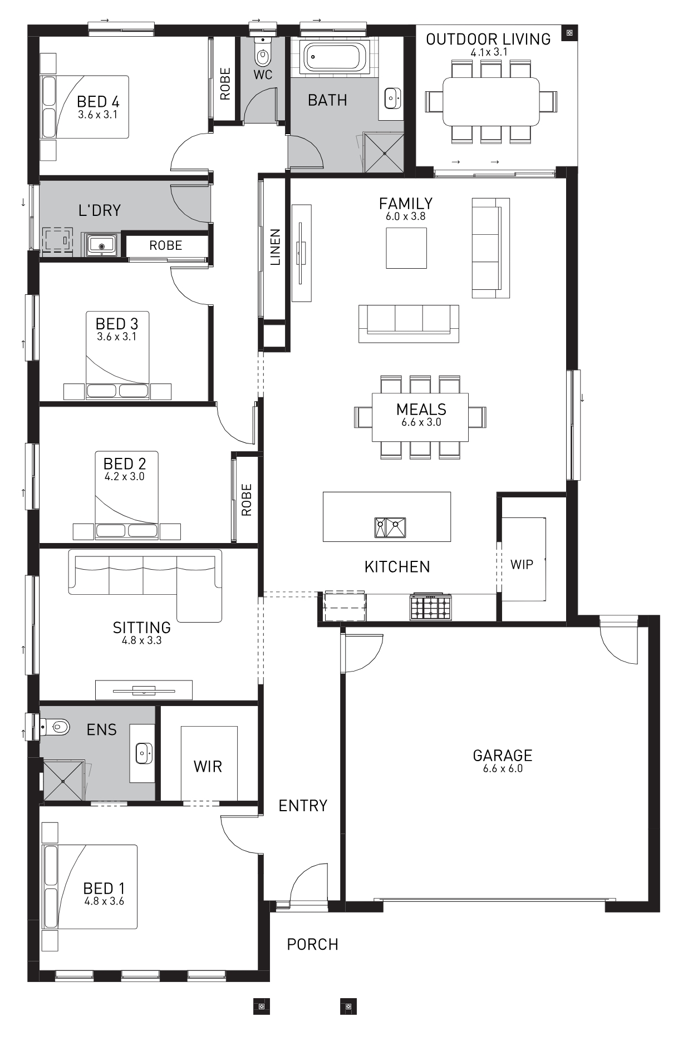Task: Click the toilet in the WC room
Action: coord(262,51)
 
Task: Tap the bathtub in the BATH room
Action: coord(333,56)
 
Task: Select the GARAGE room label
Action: coord(503,755)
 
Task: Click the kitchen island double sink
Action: coord(390,527)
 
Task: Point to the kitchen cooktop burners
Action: coord(430,607)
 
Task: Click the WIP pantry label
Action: coord(522,564)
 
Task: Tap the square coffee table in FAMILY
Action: coord(407,248)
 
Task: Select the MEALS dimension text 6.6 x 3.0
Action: coord(421,422)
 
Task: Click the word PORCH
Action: coord(312,944)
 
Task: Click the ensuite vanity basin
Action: coord(144,753)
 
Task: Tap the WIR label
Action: coord(208,767)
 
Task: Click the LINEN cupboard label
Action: coord(275,247)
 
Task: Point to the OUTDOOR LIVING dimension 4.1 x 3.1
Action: coord(489,52)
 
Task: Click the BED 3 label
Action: coord(117,324)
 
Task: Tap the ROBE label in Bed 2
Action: coord(247,500)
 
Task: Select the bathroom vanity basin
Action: coord(392,98)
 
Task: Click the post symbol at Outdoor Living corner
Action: coord(569,33)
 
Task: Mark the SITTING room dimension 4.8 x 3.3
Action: coord(142,640)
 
